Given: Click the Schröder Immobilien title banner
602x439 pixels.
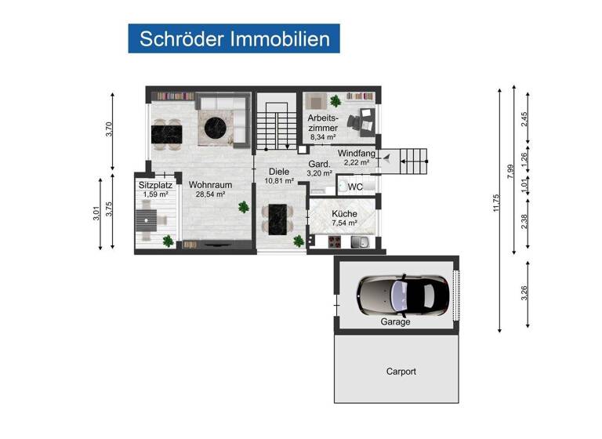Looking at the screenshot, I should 234,38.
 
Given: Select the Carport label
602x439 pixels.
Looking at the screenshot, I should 401,372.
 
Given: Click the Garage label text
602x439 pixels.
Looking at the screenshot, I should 395,322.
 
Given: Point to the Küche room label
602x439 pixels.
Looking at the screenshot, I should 344,213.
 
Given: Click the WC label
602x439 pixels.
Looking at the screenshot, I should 355,187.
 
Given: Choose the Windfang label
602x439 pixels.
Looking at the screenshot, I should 355,153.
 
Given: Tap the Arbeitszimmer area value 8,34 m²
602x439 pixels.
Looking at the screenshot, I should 323,136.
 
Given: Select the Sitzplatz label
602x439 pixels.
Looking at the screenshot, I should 154,185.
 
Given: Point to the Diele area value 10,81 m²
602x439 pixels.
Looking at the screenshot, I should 278,180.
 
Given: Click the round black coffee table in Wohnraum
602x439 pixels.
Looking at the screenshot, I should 216,125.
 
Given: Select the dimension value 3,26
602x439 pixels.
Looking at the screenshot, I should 524,293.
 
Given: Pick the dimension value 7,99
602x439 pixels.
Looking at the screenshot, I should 510,170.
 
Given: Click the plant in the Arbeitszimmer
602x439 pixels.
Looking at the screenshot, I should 335,101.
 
